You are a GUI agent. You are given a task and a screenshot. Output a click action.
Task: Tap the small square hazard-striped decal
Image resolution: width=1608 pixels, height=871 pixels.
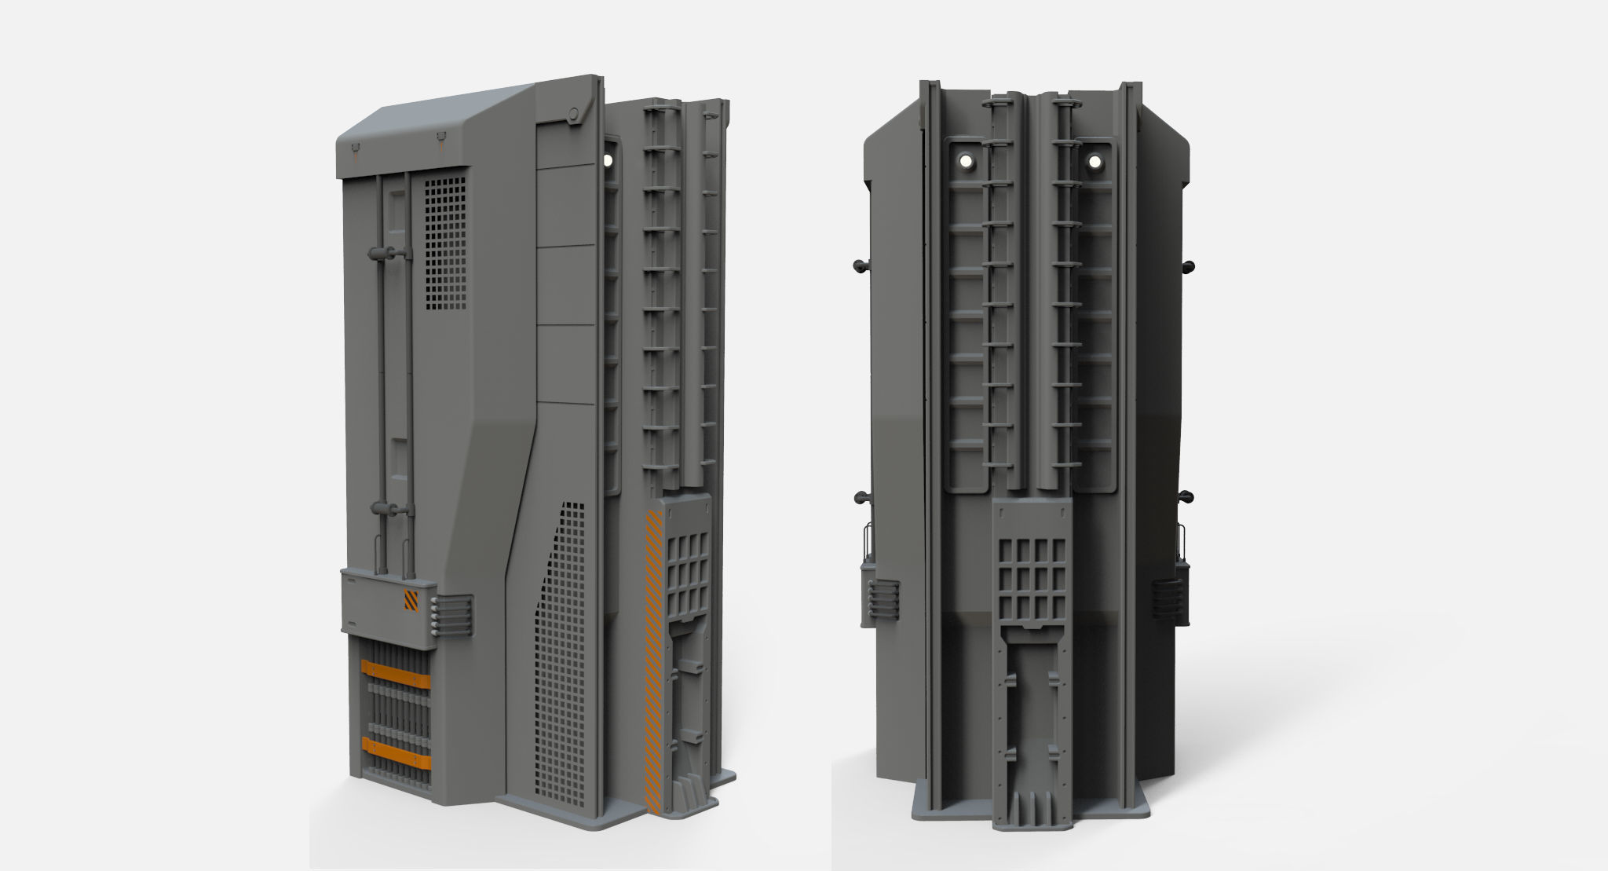point(411,600)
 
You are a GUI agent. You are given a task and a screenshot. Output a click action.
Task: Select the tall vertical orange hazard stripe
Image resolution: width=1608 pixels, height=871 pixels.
point(654,660)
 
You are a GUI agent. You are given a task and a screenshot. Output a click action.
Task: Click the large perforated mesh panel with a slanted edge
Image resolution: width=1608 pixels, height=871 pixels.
point(561,652)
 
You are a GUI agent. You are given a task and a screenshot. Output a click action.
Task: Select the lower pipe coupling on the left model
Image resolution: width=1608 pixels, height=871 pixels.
point(390,509)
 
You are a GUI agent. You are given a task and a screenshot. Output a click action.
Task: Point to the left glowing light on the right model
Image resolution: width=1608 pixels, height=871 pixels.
point(966,161)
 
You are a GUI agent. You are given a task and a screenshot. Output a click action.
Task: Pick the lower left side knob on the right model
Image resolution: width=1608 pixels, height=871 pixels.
point(860,496)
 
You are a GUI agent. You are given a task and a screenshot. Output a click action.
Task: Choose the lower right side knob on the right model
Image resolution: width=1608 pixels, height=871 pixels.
point(1188,496)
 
